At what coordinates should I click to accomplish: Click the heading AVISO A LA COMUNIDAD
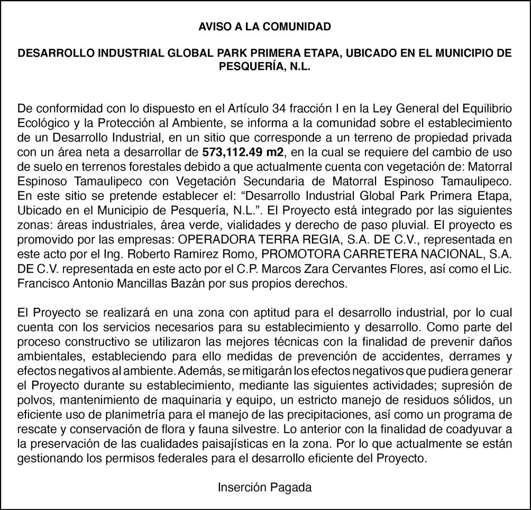(x=264, y=26)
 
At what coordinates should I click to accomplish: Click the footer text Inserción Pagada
(x=264, y=487)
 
